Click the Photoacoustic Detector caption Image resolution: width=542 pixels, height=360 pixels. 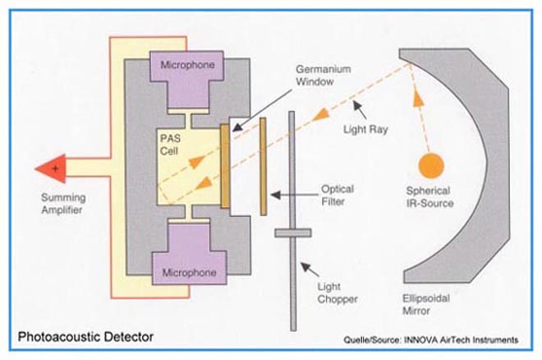[x=85, y=337]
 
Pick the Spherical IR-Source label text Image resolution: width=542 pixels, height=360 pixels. [x=430, y=197]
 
